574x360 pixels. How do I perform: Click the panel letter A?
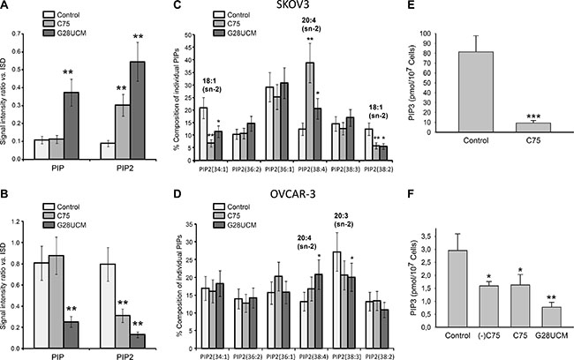[6, 8]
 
